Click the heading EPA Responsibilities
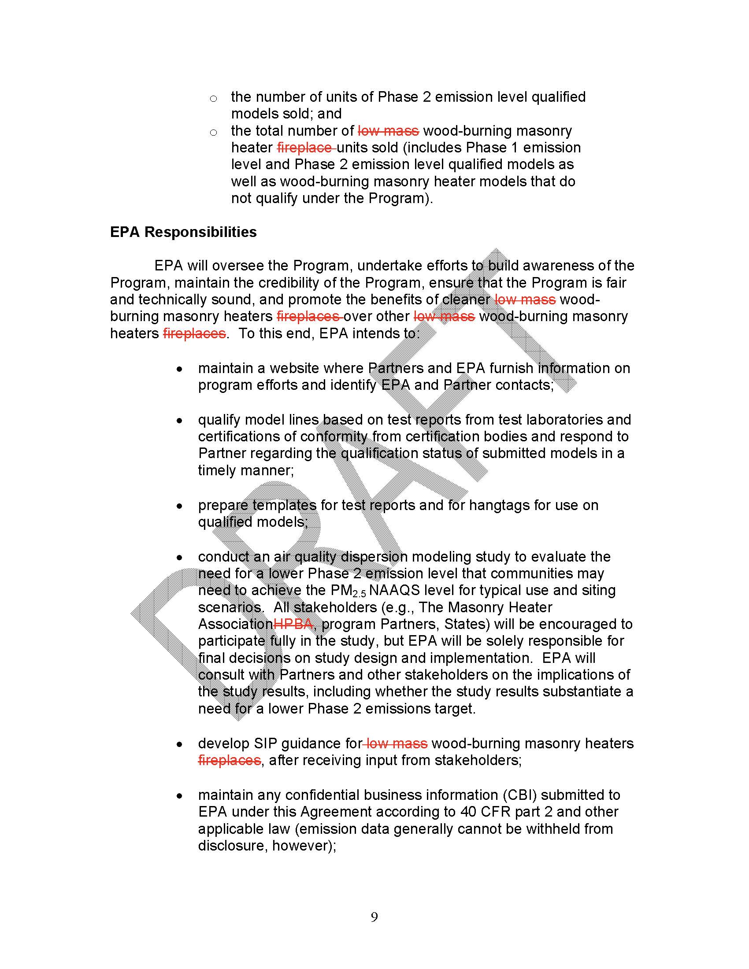[183, 232]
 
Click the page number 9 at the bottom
[374, 917]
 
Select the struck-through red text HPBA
[294, 624]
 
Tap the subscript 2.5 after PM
[360, 594]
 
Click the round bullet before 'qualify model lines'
[179, 420]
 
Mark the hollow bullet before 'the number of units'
[213, 99]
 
